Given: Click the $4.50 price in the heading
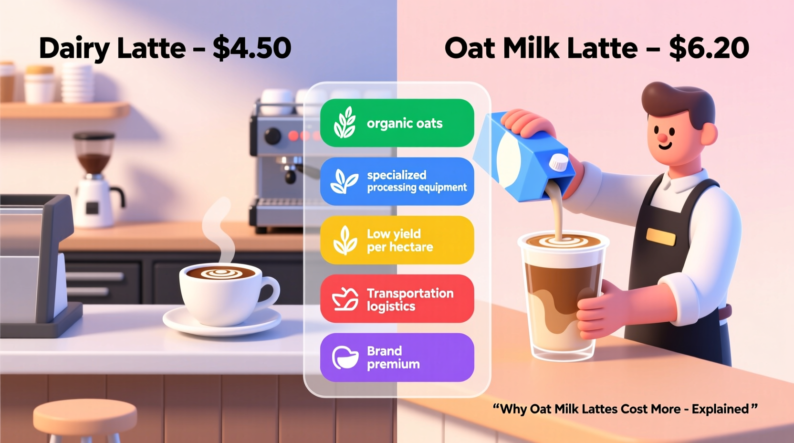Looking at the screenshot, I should click(x=252, y=48).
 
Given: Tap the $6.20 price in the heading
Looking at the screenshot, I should click(x=709, y=48).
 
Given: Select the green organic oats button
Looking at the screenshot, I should click(x=397, y=123).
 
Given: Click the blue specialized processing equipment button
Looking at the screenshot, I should click(x=397, y=181).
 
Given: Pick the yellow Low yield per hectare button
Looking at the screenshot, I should click(x=397, y=240).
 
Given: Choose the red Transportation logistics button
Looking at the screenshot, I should click(x=397, y=299).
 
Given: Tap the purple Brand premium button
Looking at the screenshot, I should click(x=397, y=358).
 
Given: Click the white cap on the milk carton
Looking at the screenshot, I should click(x=559, y=162).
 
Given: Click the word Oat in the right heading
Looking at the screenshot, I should click(x=470, y=48).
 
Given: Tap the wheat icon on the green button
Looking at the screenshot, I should click(x=345, y=123).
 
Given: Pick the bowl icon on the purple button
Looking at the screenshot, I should click(x=345, y=358).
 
